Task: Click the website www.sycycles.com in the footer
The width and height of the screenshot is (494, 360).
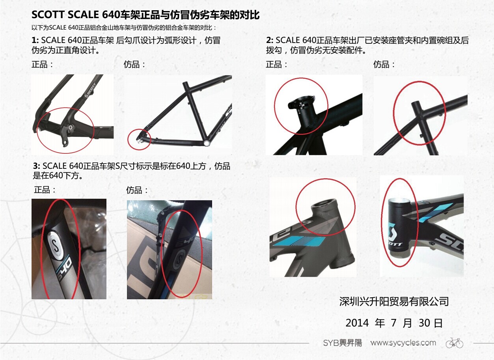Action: (403, 343)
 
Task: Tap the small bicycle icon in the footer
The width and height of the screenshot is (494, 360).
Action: (455, 343)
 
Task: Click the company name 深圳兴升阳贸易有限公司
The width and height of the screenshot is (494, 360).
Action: (394, 302)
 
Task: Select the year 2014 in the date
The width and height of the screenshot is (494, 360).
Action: (357, 323)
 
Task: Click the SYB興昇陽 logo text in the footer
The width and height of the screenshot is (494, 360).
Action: (343, 343)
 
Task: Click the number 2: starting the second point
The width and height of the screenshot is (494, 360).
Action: (270, 40)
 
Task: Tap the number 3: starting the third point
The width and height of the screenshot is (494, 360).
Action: (37, 166)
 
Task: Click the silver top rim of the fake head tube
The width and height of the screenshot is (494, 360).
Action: (399, 201)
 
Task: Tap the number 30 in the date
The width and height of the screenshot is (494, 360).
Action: (424, 323)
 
